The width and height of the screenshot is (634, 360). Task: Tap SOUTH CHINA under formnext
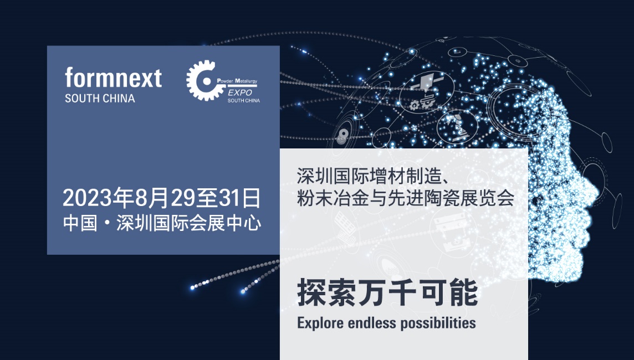pos(100,99)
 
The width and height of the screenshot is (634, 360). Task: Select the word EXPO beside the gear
pos(240,92)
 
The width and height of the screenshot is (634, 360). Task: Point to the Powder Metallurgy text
pos(237,81)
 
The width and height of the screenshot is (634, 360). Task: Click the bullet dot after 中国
pos(107,224)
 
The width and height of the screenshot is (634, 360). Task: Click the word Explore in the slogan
pos(320,323)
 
